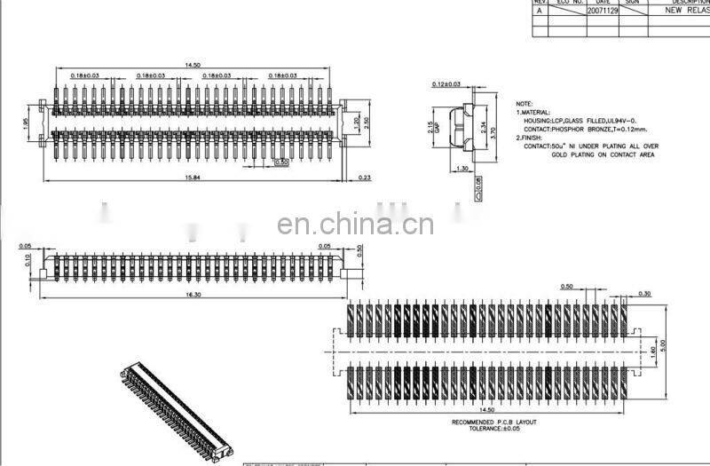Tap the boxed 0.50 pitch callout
point(282,163)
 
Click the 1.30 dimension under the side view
point(461,168)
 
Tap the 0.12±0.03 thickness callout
point(446,84)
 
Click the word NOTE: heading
point(524,104)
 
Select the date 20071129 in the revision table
point(603,11)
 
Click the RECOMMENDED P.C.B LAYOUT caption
point(494,422)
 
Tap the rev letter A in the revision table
point(540,11)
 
